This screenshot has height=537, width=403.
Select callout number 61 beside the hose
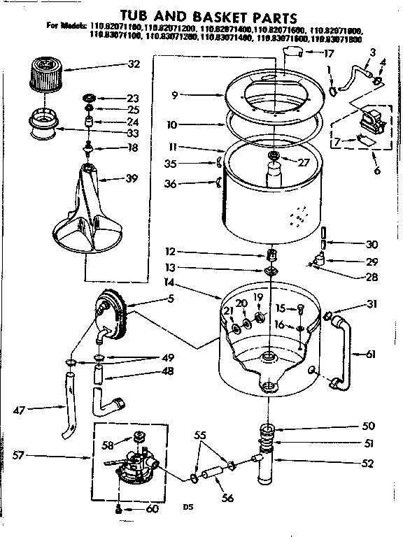370,355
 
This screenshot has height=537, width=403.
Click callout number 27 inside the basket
303,163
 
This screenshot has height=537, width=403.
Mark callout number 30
372,245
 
